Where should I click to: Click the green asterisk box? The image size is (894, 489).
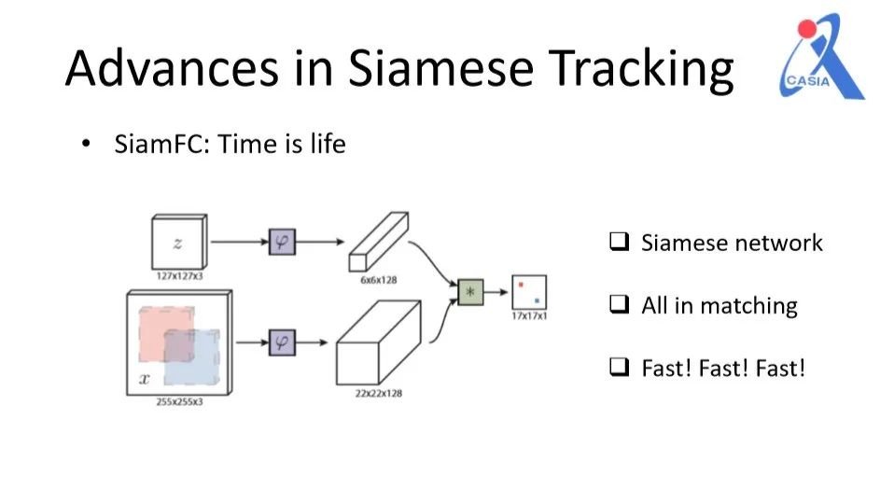point(469,292)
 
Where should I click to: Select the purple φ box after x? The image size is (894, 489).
point(281,342)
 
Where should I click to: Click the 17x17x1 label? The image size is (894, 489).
point(528,316)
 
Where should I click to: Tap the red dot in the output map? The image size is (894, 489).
point(523,284)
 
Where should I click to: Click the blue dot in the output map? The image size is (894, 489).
point(537,300)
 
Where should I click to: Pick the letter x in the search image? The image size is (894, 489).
point(144,379)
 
